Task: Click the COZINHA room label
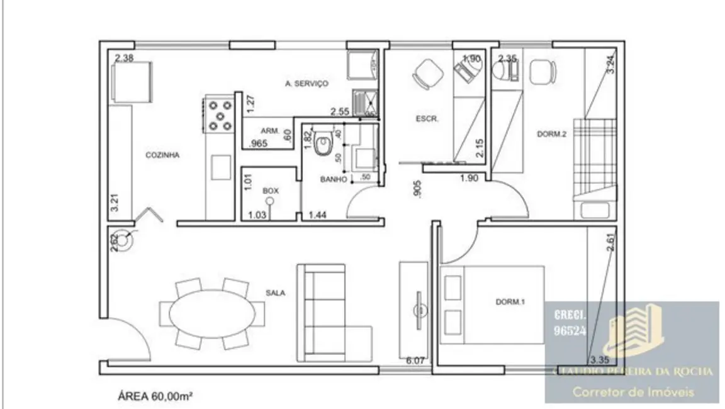click(x=162, y=155)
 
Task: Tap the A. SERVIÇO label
click(x=306, y=83)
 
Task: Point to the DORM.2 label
click(x=552, y=133)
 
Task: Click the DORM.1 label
click(x=510, y=302)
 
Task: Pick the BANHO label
click(x=334, y=179)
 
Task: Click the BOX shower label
click(x=271, y=190)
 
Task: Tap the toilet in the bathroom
click(x=324, y=143)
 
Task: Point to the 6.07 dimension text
click(x=416, y=361)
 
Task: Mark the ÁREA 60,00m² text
click(x=155, y=396)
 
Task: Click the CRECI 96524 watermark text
click(x=569, y=322)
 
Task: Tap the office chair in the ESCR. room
click(x=426, y=76)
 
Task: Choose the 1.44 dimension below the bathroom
click(x=317, y=216)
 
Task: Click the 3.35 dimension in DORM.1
click(x=600, y=360)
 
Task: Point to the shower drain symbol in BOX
click(x=270, y=202)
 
